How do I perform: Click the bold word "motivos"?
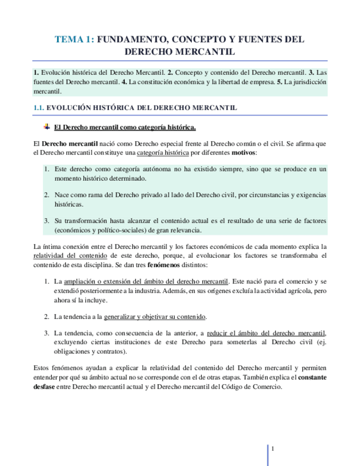pyautogui.click(x=243, y=152)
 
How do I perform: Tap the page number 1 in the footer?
pyautogui.click(x=273, y=448)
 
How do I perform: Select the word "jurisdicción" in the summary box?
pyautogui.click(x=307, y=82)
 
